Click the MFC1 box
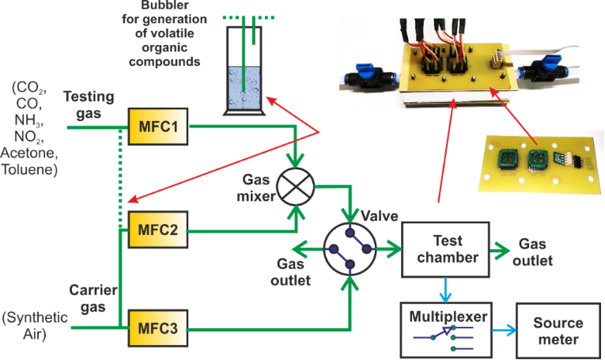pos(158,126)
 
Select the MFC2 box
pos(158,229)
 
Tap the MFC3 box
pos(158,325)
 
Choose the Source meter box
pos(558,331)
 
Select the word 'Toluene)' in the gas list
pos(31,169)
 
